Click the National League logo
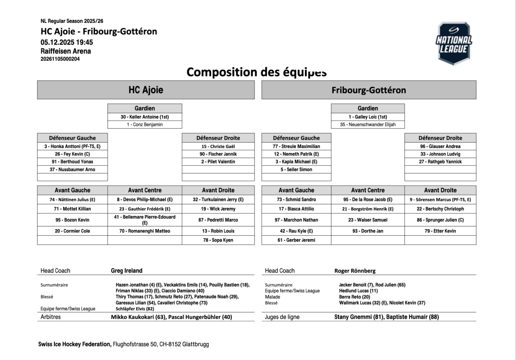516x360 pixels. click(454, 43)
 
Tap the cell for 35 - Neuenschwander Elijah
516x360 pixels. click(368, 125)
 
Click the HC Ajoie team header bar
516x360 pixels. click(146, 90)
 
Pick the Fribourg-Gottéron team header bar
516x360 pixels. click(369, 90)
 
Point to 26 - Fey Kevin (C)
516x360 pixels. click(72, 154)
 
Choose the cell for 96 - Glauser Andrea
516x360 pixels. click(440, 146)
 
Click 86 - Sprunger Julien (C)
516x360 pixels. click(440, 220)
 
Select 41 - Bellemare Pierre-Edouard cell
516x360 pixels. click(144, 220)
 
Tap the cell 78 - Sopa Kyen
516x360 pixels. click(218, 240)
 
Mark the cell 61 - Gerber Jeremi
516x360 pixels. click(296, 240)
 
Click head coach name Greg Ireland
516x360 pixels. click(126, 271)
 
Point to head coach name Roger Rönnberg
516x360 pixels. click(355, 271)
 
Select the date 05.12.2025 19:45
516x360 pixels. click(67, 42)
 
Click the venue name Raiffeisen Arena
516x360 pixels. click(65, 51)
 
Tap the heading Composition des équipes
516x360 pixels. click(256, 71)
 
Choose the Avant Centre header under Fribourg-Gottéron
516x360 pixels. click(368, 190)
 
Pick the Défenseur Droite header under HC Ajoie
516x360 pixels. click(218, 138)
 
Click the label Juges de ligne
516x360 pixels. click(282, 317)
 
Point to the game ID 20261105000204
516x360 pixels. click(60, 59)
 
